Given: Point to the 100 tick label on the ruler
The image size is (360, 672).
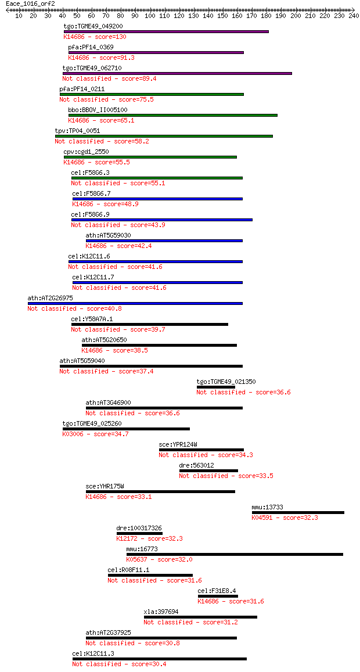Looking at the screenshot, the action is click(150, 16).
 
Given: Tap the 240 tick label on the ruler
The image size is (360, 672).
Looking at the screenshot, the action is click(354, 16).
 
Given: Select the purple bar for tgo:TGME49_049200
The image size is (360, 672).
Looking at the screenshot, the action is click(166, 31).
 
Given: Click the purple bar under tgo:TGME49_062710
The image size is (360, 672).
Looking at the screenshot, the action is click(177, 73).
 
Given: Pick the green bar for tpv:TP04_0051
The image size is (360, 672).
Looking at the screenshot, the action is click(164, 136).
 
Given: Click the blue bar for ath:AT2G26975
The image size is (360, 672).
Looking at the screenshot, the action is click(135, 303).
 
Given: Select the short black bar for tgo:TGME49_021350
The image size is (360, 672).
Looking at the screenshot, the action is click(216, 387).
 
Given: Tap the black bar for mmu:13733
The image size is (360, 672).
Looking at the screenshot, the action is click(298, 512).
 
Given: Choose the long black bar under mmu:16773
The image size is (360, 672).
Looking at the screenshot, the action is click(235, 554).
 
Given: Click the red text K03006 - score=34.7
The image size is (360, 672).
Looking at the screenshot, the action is click(95, 434).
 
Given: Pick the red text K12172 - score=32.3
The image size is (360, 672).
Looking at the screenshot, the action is click(150, 539).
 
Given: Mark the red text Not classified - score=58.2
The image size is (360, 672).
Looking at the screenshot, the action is click(102, 142).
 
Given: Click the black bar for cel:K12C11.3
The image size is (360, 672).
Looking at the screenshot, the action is click(160, 659).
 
